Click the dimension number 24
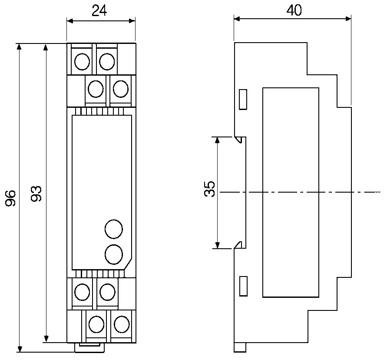[x=99, y=11]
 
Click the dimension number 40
[x=294, y=10]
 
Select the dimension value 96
[x=11, y=198]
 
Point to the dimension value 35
[x=210, y=190]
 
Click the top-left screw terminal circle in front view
[x=82, y=62]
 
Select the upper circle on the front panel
[x=114, y=229]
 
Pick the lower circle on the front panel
[x=114, y=254]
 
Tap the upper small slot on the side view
[x=244, y=99]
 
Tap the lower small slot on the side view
[x=244, y=286]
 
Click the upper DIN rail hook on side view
[x=238, y=139]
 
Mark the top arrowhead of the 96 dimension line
[x=19, y=47]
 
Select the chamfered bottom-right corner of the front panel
[x=128, y=265]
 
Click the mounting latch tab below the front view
[x=89, y=347]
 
